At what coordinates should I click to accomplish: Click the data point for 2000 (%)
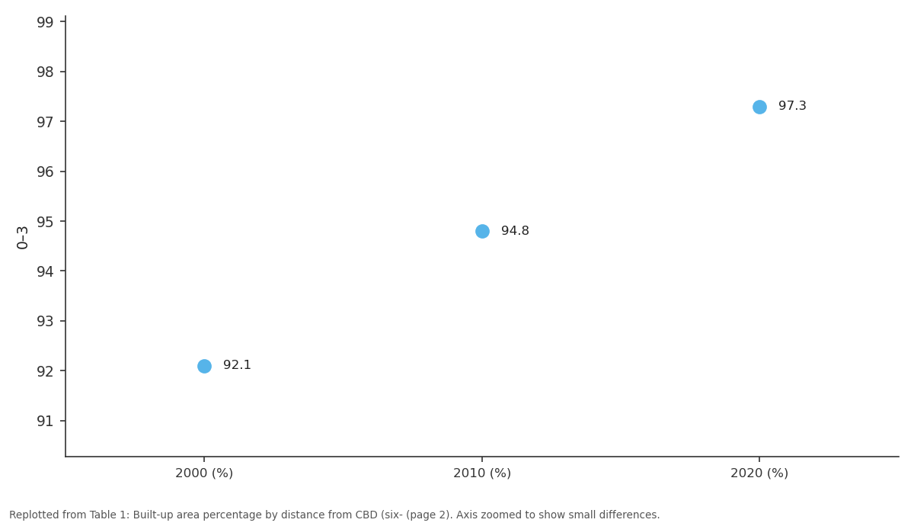pyautogui.click(x=204, y=366)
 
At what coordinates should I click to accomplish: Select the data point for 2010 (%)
pyautogui.click(x=482, y=231)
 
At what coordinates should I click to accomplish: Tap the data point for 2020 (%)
pyautogui.click(x=759, y=107)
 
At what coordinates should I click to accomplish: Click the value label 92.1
pyautogui.click(x=237, y=364)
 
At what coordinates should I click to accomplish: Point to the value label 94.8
pyautogui.click(x=515, y=231)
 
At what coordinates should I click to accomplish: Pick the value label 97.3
pyautogui.click(x=792, y=106)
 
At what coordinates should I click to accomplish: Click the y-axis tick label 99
pyautogui.click(x=45, y=22)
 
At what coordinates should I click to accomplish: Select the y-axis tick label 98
pyautogui.click(x=45, y=72)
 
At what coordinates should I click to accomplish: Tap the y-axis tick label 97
pyautogui.click(x=45, y=122)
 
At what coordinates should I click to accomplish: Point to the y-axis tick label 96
pyautogui.click(x=45, y=172)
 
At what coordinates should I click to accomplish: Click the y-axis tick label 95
pyautogui.click(x=45, y=222)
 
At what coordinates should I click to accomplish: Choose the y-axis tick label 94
pyautogui.click(x=45, y=271)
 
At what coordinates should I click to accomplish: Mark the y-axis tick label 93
pyautogui.click(x=45, y=322)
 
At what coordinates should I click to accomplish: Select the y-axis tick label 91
pyautogui.click(x=45, y=422)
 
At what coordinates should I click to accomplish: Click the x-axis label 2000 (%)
pyautogui.click(x=204, y=473)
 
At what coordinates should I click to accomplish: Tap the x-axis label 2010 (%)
pyautogui.click(x=482, y=473)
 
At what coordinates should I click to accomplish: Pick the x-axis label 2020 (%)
pyautogui.click(x=759, y=473)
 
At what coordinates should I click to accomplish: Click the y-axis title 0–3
pyautogui.click(x=22, y=238)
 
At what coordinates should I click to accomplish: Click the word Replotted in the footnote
pyautogui.click(x=34, y=515)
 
